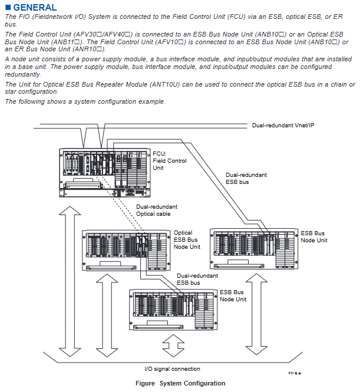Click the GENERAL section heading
pos(35,8)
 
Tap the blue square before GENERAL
pos(8,8)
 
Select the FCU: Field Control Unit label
pos(170,160)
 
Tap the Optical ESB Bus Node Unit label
pos(187,239)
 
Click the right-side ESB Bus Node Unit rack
pos(255,245)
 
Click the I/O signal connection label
pos(172,369)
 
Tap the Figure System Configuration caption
pos(180,383)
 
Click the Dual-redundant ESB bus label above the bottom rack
pos(197,279)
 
